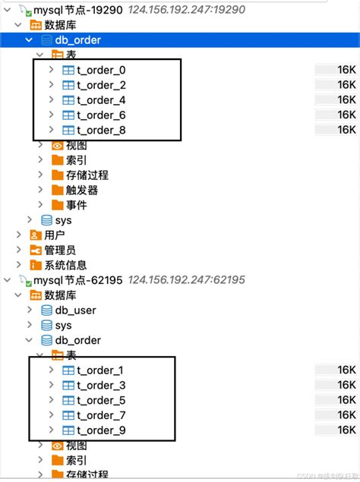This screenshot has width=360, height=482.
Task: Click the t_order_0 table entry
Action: click(x=100, y=70)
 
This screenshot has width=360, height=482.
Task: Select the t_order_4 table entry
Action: click(x=100, y=100)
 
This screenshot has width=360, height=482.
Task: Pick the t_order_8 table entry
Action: click(x=100, y=130)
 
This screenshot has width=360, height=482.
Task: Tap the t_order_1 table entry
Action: click(x=100, y=370)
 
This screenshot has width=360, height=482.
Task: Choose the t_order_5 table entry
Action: click(x=100, y=400)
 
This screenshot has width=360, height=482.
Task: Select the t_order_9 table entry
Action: click(x=100, y=430)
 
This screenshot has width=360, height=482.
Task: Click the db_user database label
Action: click(x=75, y=310)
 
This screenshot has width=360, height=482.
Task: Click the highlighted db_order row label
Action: click(x=77, y=39)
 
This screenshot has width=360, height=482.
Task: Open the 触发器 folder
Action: click(x=81, y=190)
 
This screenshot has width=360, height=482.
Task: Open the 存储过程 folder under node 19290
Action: click(x=87, y=175)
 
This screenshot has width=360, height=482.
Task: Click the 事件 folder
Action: click(x=76, y=205)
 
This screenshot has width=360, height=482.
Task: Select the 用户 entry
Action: click(x=54, y=235)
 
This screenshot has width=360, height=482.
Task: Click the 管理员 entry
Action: click(x=59, y=250)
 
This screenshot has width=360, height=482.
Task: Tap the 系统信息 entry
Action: click(x=65, y=265)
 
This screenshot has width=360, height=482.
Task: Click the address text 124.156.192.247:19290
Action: click(x=187, y=9)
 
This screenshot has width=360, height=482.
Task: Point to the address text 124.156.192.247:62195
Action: click(x=187, y=279)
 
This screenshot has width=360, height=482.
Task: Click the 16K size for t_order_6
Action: click(x=346, y=115)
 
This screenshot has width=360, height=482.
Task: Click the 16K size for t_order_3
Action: click(x=346, y=385)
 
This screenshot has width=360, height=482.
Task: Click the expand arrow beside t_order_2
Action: click(x=51, y=85)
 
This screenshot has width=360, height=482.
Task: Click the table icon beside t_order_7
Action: click(x=68, y=415)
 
